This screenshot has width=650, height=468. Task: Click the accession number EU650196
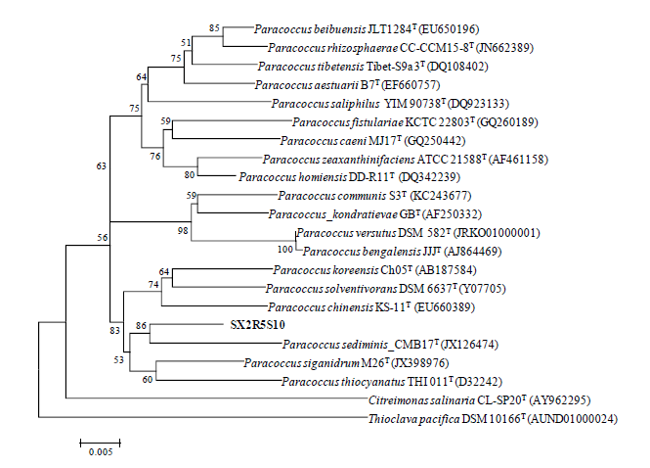(x=480, y=29)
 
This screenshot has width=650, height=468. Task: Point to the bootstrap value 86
(x=142, y=324)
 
